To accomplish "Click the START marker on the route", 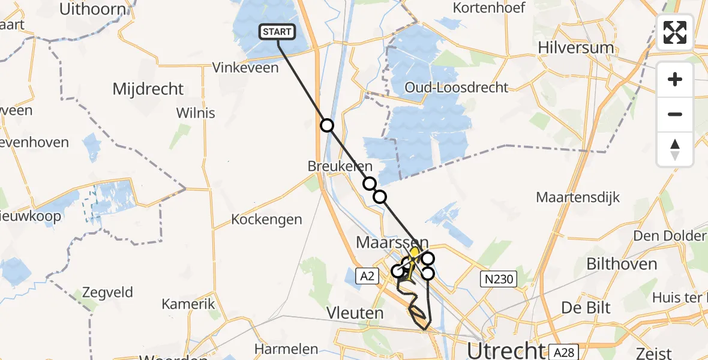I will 277,32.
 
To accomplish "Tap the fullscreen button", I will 675,32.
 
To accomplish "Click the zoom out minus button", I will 675,114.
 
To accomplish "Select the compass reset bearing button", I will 675,149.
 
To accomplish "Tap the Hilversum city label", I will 575,47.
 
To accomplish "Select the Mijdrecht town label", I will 148,89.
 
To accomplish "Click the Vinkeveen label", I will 245,68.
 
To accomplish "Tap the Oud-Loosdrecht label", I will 456,88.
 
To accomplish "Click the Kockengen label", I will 266,220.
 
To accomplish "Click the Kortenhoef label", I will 489,8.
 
